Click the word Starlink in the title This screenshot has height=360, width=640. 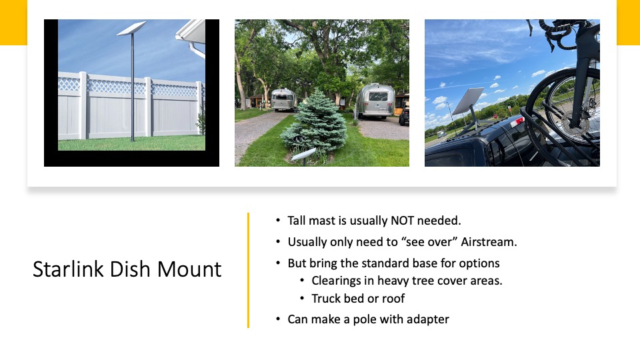point(68,269)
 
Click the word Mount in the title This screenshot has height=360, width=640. point(189,269)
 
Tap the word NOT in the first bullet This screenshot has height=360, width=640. point(402,221)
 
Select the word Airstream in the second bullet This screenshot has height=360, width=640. point(489,241)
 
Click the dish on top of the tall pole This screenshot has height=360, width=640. point(131,28)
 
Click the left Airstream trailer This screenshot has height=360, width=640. point(283,99)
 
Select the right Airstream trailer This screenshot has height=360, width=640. point(375,101)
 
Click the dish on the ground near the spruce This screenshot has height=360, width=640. point(303,154)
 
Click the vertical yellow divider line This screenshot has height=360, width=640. point(248,270)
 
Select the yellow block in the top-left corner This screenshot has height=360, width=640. point(13,23)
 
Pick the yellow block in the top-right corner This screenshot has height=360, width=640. point(628,23)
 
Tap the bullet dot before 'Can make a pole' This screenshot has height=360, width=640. point(278,319)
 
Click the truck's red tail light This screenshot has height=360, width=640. point(517,121)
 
